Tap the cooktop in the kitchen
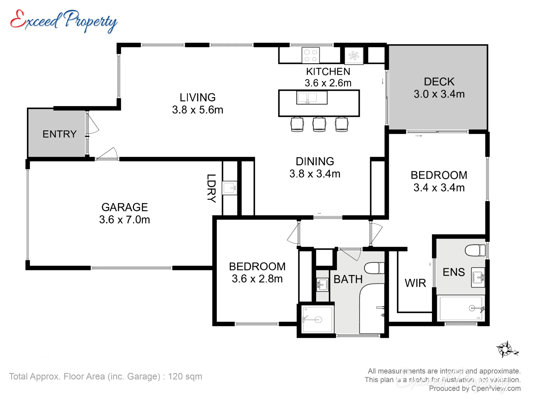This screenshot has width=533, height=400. coord(311,55)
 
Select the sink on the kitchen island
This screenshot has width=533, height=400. coord(312,97)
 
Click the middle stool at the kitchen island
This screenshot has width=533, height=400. coord(319,124)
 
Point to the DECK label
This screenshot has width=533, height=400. coord(439,82)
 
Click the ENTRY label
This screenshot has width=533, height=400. coord(60,134)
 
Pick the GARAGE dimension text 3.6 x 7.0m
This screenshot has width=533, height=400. coord(124,219)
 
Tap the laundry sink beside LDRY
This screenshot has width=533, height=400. coord(230,188)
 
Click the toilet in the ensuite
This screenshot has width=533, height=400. coord(475,250)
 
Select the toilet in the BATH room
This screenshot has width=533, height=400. coord(374,268)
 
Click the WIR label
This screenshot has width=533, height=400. coord(415,283)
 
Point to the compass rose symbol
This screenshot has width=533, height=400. coord(506,349)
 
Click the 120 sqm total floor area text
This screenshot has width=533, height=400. coord(185,376)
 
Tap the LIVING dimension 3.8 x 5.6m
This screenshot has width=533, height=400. coord(197,110)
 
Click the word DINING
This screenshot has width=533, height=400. coord(315,161)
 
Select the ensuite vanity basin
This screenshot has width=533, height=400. coord(478,277)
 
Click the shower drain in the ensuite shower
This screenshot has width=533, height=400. coord(472,309)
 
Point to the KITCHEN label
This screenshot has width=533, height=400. coord(328,71)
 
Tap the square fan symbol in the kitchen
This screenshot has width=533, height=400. coord(354,56)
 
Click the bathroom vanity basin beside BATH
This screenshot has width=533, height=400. coord(322,285)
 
